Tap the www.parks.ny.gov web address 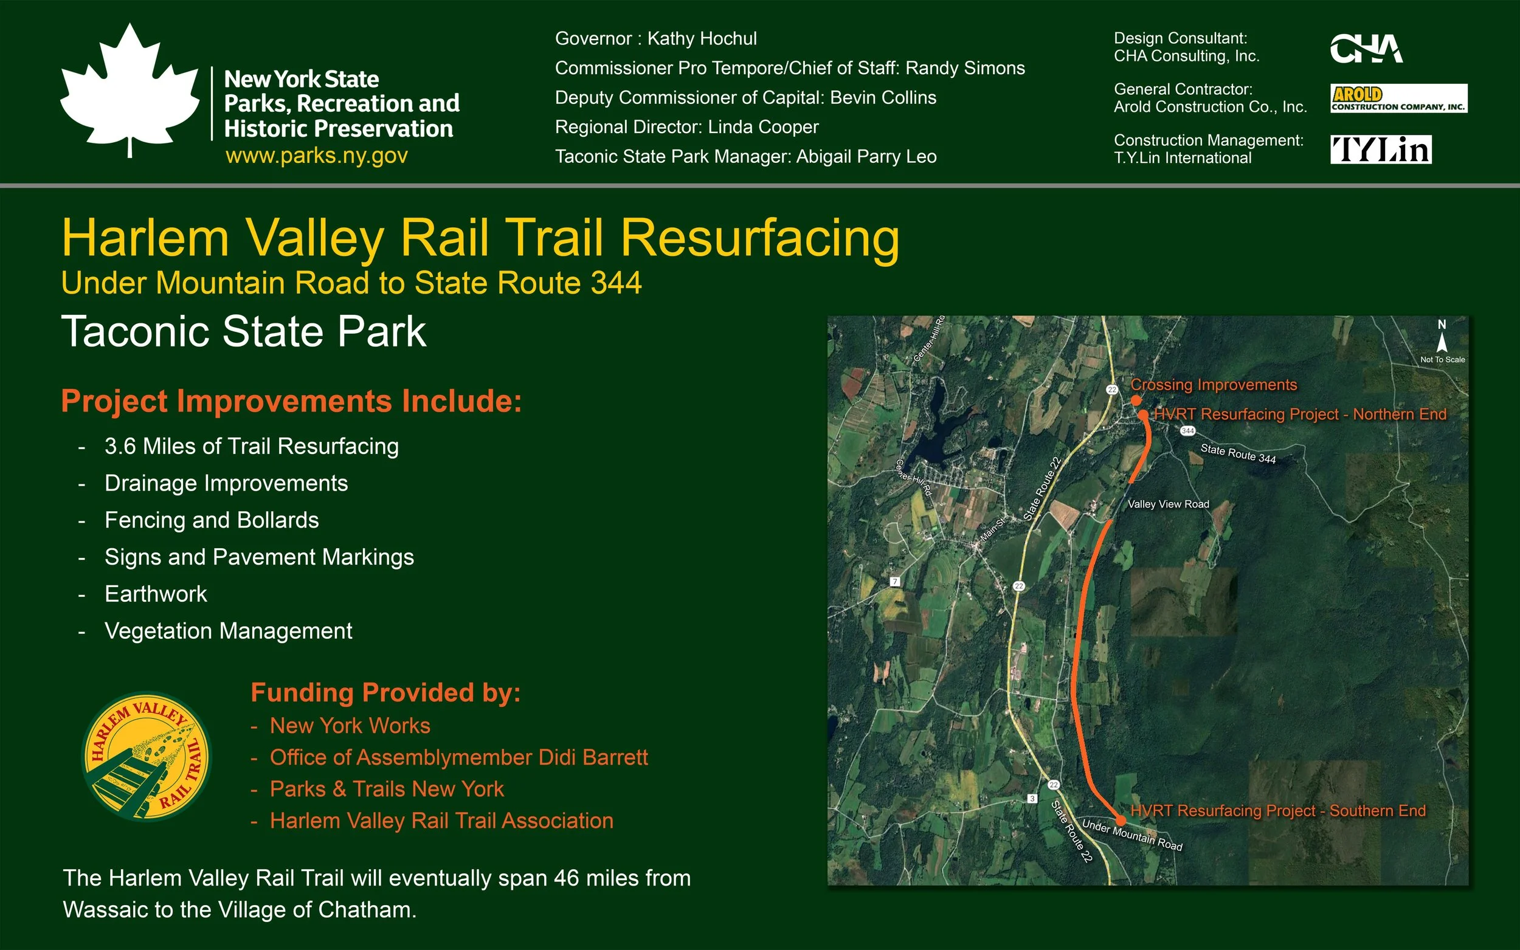317,155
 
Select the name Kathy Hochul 702,39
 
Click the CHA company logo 1366,49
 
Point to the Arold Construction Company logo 1398,98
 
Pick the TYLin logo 1381,150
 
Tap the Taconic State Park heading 244,332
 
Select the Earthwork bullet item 155,594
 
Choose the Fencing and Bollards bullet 211,520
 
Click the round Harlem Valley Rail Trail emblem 147,756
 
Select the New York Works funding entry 350,726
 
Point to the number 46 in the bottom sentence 566,878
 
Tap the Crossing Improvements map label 1214,385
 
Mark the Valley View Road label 1168,504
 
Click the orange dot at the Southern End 1121,821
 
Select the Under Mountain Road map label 1131,836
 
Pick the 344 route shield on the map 1187,431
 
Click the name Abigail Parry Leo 866,157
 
